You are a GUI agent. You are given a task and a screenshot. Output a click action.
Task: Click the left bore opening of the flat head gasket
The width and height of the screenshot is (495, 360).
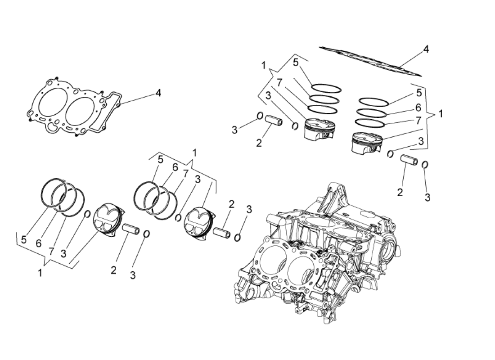pyautogui.click(x=52, y=106)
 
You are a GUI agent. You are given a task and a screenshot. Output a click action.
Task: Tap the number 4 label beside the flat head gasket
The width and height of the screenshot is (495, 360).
pyautogui.click(x=158, y=93)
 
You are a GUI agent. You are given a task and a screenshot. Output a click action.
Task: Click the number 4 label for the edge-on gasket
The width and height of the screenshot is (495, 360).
pyautogui.click(x=426, y=49)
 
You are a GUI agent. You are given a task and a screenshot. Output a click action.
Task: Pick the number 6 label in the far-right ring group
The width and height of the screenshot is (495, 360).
pyautogui.click(x=418, y=108)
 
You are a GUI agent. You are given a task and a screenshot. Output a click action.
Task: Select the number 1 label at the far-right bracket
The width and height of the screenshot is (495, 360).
pyautogui.click(x=441, y=114)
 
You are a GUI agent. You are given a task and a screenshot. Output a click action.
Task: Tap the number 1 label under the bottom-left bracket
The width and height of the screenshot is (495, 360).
pyautogui.click(x=40, y=273)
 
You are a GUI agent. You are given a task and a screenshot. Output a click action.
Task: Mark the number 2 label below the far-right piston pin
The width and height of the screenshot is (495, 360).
pyautogui.click(x=400, y=192)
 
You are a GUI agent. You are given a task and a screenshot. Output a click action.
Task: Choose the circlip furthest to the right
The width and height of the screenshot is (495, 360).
pyautogui.click(x=425, y=165)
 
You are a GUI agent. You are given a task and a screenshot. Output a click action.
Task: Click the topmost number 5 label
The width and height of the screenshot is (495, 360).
pyautogui.click(x=296, y=63)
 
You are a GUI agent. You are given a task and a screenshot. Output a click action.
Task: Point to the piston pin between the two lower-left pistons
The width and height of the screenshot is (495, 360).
pyautogui.click(x=133, y=229)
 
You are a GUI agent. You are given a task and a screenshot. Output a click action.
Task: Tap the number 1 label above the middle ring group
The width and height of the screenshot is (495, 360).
pyautogui.click(x=194, y=153)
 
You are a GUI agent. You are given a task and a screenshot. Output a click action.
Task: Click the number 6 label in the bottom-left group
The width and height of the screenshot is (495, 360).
pyautogui.click(x=39, y=243)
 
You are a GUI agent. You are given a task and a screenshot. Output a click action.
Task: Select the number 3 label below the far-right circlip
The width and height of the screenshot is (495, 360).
pyautogui.click(x=427, y=197)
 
